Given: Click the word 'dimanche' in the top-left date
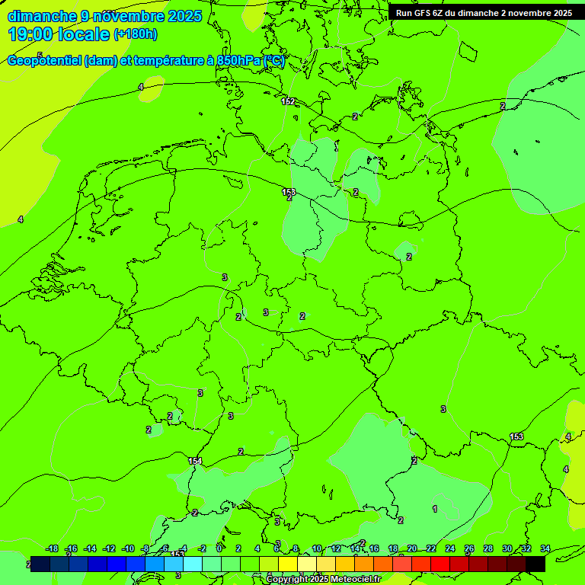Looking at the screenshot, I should point(39,16).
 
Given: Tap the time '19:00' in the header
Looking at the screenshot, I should point(31,34).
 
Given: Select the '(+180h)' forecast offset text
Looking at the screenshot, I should point(136,34).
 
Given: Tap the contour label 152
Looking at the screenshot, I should point(288,101).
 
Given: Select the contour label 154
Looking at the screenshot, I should point(195,461).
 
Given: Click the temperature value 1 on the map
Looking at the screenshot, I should point(435,509).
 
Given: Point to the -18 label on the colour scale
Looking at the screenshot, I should point(53,548).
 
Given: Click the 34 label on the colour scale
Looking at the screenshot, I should point(545,548).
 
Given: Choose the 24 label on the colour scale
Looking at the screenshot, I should point(450,548).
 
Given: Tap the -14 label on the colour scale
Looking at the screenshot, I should point(91,548).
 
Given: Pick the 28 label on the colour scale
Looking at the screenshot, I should point(488,548).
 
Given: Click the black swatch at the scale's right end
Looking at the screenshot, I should point(535,564).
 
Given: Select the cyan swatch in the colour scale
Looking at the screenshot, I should point(193,564).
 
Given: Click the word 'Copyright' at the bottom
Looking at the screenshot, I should point(287,580).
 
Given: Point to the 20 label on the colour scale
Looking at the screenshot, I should point(412,548).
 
